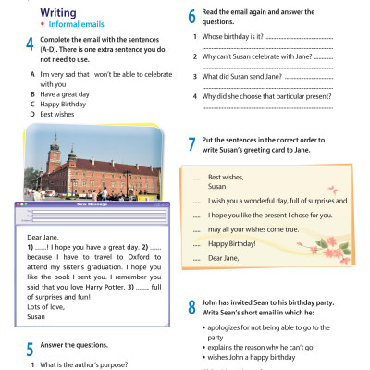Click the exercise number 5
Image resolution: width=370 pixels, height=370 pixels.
31,349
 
